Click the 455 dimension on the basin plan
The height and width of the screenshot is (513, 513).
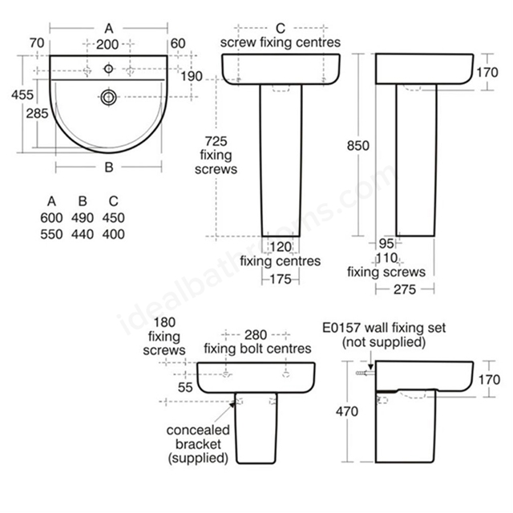[x=22, y=95]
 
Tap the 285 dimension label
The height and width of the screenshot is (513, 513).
[x=38, y=114]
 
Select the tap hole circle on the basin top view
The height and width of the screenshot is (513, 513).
[x=109, y=69]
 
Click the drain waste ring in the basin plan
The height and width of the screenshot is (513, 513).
[x=109, y=97]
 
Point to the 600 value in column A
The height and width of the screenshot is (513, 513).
[x=51, y=218]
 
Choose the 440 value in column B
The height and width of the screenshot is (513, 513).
[x=83, y=234]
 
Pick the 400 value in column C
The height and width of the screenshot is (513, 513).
[x=113, y=234]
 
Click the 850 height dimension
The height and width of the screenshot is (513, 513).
[x=358, y=146]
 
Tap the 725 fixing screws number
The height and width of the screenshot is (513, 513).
[x=216, y=141]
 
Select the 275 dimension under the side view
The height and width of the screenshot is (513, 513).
[x=405, y=289]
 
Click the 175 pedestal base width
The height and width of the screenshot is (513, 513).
[x=281, y=280]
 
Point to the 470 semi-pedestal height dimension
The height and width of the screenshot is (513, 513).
[x=347, y=411]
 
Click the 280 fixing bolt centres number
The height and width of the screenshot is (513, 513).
[x=256, y=335]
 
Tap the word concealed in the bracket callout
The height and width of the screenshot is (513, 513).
[x=198, y=430]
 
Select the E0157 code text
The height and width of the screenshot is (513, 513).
[x=341, y=328]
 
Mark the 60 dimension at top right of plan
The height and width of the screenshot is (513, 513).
[x=178, y=43]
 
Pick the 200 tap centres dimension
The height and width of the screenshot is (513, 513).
[x=107, y=45]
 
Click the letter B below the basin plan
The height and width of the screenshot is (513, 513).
[x=109, y=168]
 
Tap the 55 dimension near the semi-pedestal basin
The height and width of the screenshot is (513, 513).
[x=185, y=388]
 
